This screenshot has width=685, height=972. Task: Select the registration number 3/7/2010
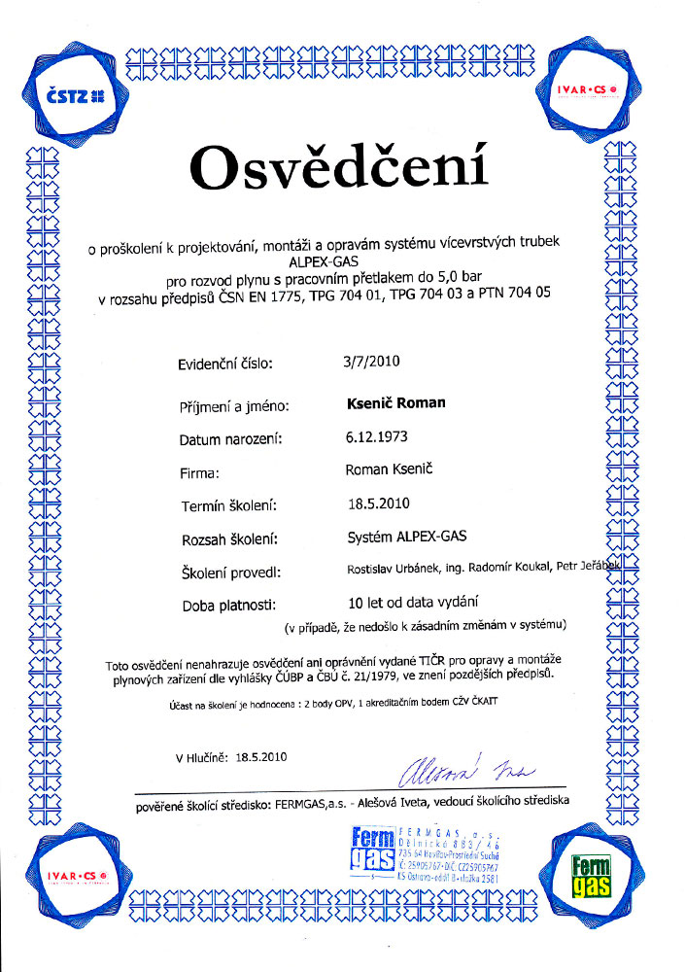pyautogui.click(x=372, y=362)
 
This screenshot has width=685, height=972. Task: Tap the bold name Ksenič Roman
pyautogui.click(x=395, y=401)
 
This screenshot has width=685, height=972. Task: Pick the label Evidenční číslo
pyautogui.click(x=226, y=364)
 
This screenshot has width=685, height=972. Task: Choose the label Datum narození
pyautogui.click(x=230, y=439)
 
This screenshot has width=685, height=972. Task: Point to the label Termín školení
pyautogui.click(x=230, y=505)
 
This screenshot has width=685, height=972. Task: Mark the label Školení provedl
pyautogui.click(x=231, y=572)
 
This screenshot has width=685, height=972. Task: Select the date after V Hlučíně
pyautogui.click(x=260, y=755)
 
